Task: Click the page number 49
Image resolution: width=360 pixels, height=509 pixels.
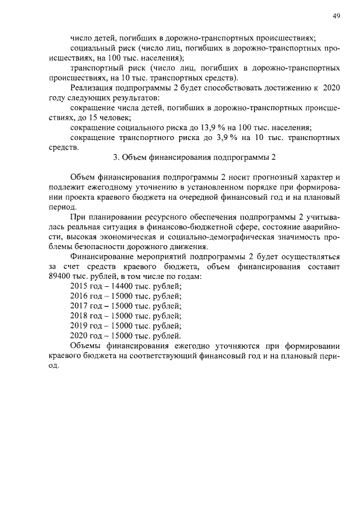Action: [x=336, y=17]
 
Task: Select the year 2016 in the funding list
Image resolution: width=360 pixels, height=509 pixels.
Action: [x=80, y=295]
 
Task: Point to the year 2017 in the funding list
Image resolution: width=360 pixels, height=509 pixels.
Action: [x=80, y=305]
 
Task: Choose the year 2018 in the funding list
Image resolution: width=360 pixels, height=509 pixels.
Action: [x=80, y=316]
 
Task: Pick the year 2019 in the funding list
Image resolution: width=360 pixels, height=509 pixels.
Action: [x=80, y=326]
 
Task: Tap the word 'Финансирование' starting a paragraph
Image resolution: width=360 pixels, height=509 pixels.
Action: [x=100, y=256]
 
